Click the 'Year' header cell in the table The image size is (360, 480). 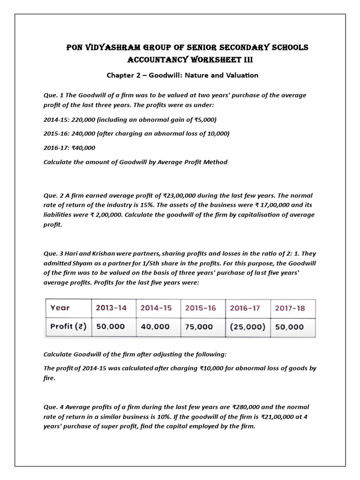pyautogui.click(x=60, y=308)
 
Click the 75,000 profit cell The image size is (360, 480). pyautogui.click(x=199, y=327)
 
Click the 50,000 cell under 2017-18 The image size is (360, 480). pyautogui.click(x=290, y=327)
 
